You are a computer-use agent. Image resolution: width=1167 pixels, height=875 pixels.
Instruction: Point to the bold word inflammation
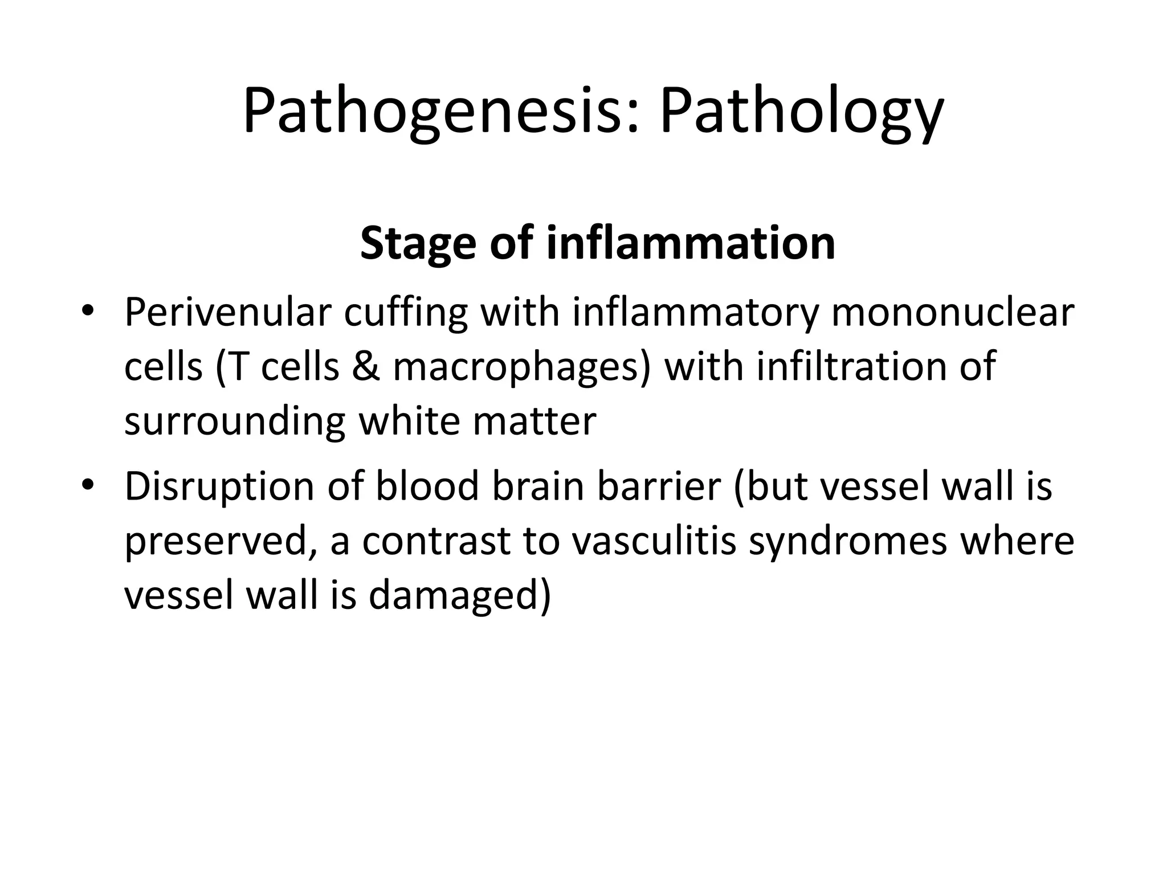point(691,243)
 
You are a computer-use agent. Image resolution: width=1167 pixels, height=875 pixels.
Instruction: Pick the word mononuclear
point(952,313)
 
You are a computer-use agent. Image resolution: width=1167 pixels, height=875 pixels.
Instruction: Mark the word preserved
point(219,542)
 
